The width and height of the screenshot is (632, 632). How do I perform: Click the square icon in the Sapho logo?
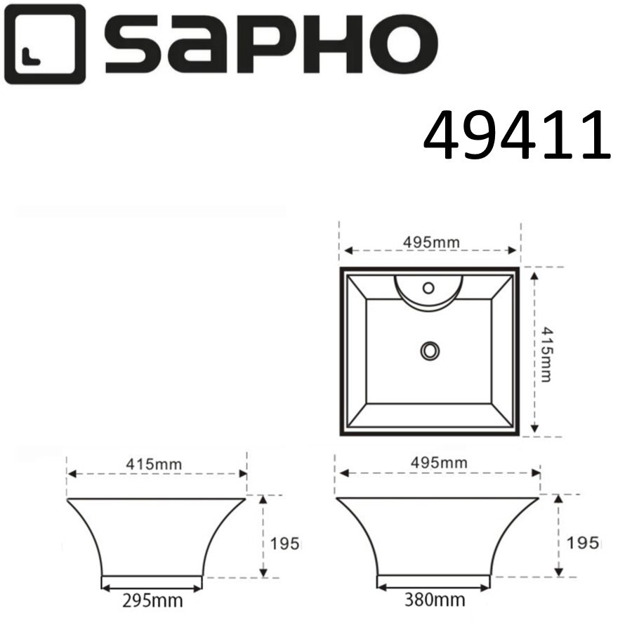click(x=43, y=44)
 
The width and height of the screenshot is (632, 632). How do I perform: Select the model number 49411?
click(x=517, y=136)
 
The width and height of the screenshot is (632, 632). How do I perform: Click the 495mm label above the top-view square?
click(x=431, y=242)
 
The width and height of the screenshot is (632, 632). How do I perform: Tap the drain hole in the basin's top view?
click(x=429, y=349)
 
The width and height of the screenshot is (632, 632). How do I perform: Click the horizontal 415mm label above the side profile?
click(x=157, y=464)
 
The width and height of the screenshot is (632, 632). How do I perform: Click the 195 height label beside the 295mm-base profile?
click(x=285, y=543)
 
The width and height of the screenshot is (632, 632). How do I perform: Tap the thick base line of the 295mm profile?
click(x=152, y=579)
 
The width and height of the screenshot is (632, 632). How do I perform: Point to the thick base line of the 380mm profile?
click(x=433, y=579)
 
